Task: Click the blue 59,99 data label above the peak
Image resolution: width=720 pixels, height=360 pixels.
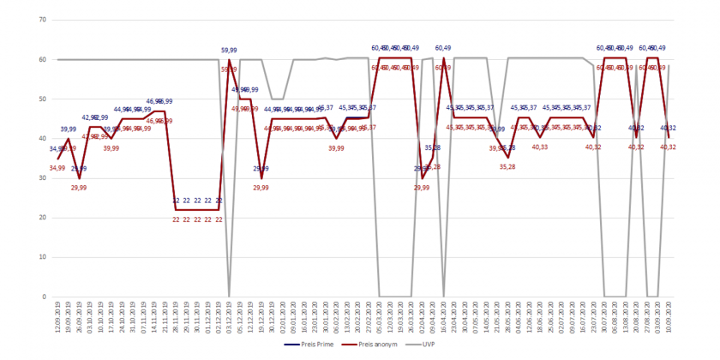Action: pos(230,51)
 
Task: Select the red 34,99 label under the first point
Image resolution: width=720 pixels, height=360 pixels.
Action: pos(57,167)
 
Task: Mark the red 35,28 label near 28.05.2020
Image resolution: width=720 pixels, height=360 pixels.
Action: pos(507,166)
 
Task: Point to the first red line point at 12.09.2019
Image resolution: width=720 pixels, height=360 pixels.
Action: pos(57,159)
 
